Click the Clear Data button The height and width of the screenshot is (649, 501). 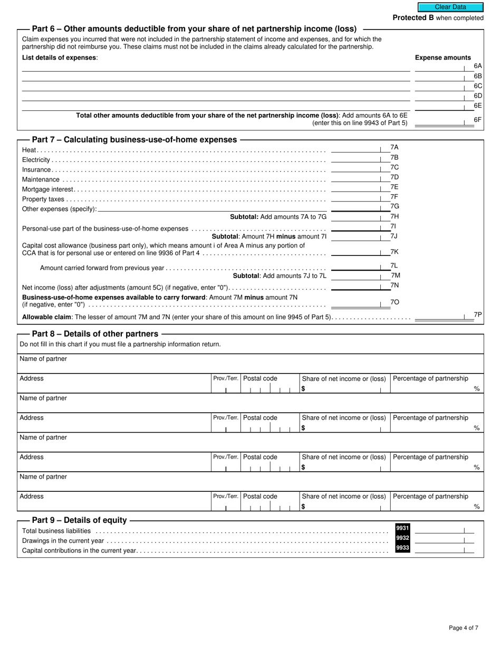pyautogui.click(x=450, y=7)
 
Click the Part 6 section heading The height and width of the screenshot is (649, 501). pyautogui.click(x=194, y=29)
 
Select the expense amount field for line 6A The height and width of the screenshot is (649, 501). pyautogui.click(x=440, y=66)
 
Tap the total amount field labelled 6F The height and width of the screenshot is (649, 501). pyautogui.click(x=440, y=122)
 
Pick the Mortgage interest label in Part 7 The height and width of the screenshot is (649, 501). pyautogui.click(x=48, y=189)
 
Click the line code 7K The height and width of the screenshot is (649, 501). pyautogui.click(x=394, y=252)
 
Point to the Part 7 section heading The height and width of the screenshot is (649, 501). pyautogui.click(x=134, y=140)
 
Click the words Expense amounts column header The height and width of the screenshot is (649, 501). pyautogui.click(x=443, y=58)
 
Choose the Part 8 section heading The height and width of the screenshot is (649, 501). pyautogui.click(x=95, y=334)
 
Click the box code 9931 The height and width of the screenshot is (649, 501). pyautogui.click(x=402, y=528)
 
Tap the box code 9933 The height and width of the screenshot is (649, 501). pyautogui.click(x=402, y=548)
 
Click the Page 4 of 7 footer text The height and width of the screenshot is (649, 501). pyautogui.click(x=464, y=628)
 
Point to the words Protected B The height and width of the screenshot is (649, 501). pyautogui.click(x=410, y=18)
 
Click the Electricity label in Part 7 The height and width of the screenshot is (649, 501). pyautogui.click(x=36, y=160)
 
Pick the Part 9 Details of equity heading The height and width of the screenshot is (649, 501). pyautogui.click(x=79, y=520)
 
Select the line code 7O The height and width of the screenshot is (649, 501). pyautogui.click(x=394, y=302)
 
